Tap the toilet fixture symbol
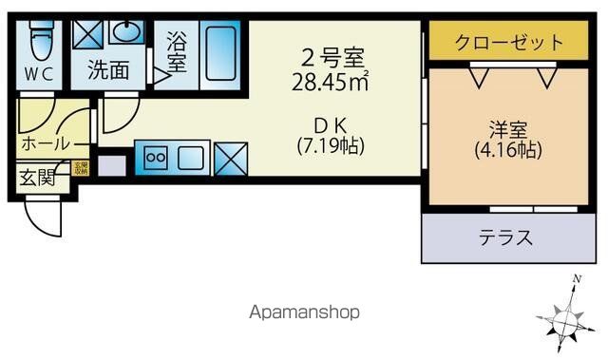[40, 40]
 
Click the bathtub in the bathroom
[221, 55]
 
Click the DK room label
[329, 124]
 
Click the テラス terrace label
[504, 237]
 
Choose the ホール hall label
[45, 144]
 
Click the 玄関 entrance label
[37, 177]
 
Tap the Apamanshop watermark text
[304, 312]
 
